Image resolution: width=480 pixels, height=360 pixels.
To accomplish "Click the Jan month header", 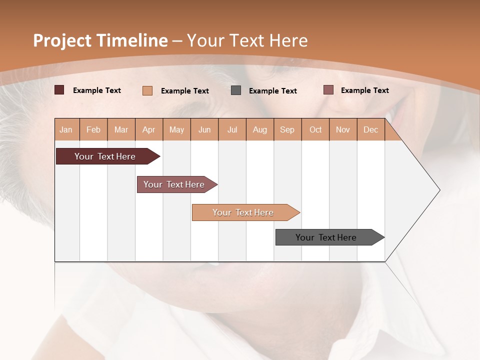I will click(x=66, y=129).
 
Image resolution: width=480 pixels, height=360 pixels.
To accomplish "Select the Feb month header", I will click(x=93, y=129).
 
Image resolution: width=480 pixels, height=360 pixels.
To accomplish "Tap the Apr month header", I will click(x=149, y=129).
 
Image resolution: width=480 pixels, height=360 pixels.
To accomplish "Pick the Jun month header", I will click(x=204, y=129).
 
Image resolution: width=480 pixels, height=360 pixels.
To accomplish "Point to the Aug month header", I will click(x=260, y=129).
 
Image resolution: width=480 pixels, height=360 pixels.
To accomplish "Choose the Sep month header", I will click(x=287, y=129).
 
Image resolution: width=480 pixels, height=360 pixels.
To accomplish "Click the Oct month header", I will click(x=315, y=129).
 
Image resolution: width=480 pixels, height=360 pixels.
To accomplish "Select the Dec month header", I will click(x=371, y=129).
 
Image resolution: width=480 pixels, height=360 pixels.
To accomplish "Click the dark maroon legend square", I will click(x=59, y=90).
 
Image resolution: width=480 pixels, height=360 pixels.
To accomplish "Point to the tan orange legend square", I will click(x=147, y=90).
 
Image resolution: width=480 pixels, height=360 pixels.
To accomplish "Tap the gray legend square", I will click(x=236, y=90).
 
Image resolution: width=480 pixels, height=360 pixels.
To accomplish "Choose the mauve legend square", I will click(x=328, y=90).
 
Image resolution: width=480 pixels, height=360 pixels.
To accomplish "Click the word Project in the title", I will click(x=62, y=40).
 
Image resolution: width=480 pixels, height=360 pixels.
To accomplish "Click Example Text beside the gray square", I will click(x=273, y=90).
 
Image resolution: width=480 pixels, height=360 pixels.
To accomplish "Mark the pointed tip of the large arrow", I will click(x=439, y=190).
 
